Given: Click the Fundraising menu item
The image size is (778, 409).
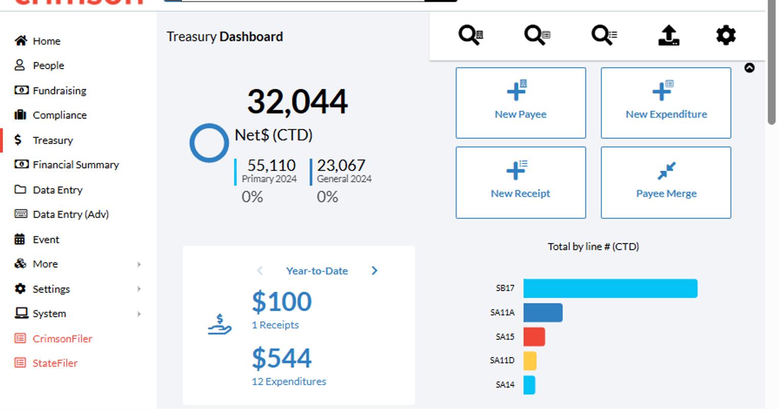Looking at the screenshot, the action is [50, 90].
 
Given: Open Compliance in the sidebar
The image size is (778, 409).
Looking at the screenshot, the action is [50, 115].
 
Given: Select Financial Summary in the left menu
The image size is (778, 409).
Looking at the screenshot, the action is [67, 165].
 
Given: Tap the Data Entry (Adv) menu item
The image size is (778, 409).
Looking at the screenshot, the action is [61, 214].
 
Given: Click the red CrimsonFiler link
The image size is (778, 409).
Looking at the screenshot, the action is [53, 338].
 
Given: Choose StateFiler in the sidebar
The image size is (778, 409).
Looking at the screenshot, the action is [46, 363].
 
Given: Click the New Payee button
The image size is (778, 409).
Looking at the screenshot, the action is [521, 103].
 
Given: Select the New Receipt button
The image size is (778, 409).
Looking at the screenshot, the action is [521, 182].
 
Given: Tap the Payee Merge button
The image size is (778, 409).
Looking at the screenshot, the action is [666, 182].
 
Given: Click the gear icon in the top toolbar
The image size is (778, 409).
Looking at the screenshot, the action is [726, 35].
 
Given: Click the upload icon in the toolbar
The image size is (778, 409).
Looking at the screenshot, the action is [669, 35].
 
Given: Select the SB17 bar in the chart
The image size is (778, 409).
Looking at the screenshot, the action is [610, 289].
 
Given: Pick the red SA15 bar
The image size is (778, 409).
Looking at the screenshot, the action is [534, 337].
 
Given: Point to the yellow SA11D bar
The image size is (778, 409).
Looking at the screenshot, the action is [530, 361].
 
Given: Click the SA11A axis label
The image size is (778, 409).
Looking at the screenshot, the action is [502, 312].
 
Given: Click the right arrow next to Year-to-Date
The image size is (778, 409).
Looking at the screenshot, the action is [374, 271].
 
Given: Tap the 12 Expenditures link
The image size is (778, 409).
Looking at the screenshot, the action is [289, 381].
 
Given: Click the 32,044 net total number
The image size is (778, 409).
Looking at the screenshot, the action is [297, 101].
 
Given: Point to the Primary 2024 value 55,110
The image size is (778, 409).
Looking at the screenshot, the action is [272, 165].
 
